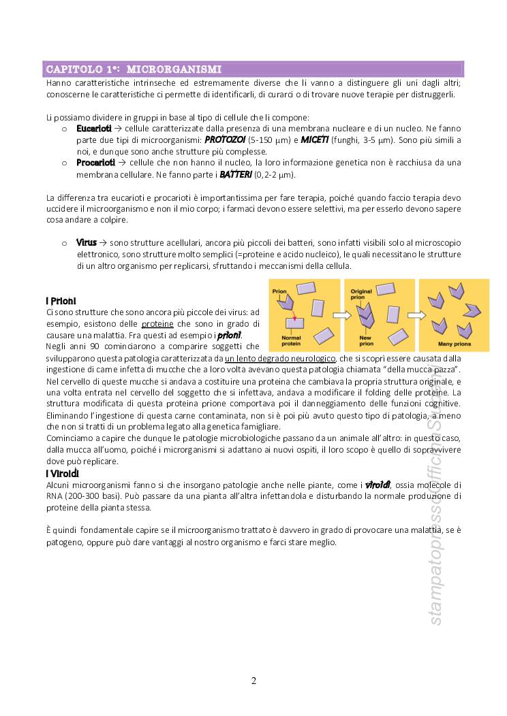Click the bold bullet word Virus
(x=87, y=242)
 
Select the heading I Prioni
(x=61, y=301)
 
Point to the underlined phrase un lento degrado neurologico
(x=280, y=358)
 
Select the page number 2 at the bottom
(x=253, y=681)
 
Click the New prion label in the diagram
(x=365, y=340)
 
